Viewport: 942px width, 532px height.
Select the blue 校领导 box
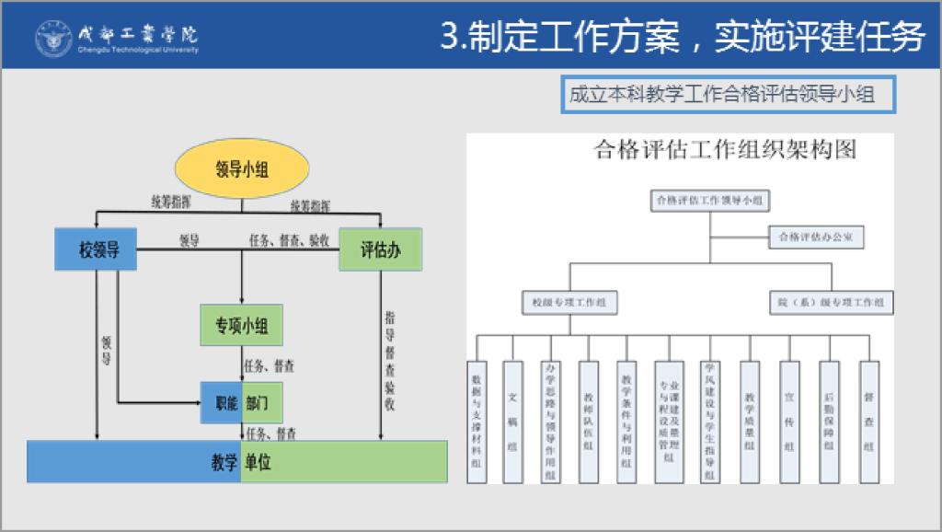click(x=99, y=249)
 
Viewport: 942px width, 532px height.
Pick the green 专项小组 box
click(x=241, y=325)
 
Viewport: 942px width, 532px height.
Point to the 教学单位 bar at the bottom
click(x=237, y=461)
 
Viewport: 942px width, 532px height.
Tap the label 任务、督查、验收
click(x=290, y=240)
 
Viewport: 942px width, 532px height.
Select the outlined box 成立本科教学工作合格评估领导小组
click(x=729, y=95)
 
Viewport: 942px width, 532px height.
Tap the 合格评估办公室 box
click(x=817, y=237)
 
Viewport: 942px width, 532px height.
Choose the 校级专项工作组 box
click(x=569, y=302)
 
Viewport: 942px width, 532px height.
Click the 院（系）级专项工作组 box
click(x=831, y=302)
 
